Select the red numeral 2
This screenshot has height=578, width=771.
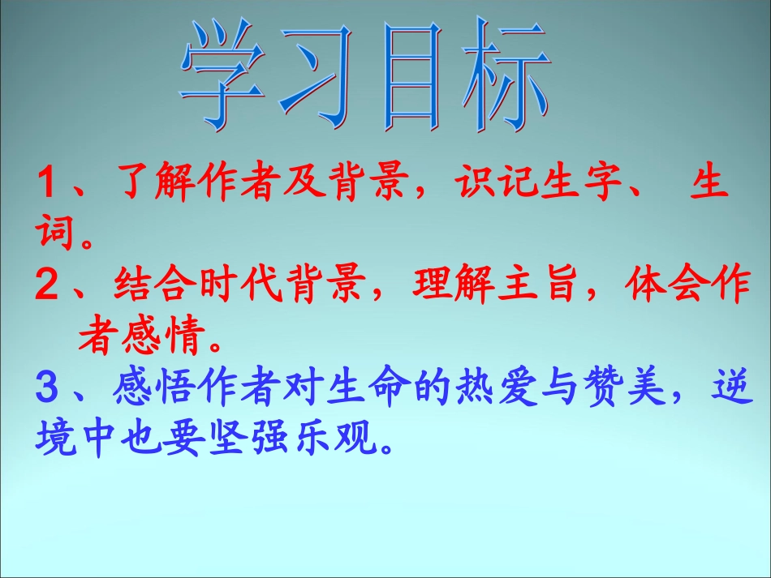(49, 287)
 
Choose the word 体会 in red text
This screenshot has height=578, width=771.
(662, 287)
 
